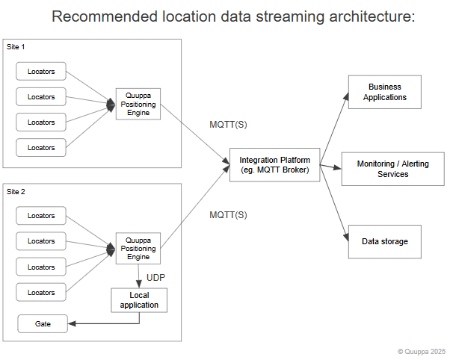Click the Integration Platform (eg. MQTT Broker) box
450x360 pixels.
pos(274,164)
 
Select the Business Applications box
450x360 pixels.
pos(384,92)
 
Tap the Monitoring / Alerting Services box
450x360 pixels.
pos(392,169)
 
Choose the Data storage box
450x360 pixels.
pos(384,241)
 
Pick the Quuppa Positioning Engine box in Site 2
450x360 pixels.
pos(138,248)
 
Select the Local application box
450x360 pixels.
pos(139,300)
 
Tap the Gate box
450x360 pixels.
pos(43,324)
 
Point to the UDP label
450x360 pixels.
pos(155,278)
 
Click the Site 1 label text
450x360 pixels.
pos(16,47)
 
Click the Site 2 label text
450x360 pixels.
pos(16,192)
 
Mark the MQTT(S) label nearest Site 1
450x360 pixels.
pos(228,123)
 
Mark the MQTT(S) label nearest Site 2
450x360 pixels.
pos(228,215)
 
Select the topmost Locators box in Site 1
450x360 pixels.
pos(41,72)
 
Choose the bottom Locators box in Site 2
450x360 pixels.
pos(41,292)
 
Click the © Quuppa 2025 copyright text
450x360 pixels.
pos(422,351)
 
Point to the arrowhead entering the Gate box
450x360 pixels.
pos(71,324)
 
